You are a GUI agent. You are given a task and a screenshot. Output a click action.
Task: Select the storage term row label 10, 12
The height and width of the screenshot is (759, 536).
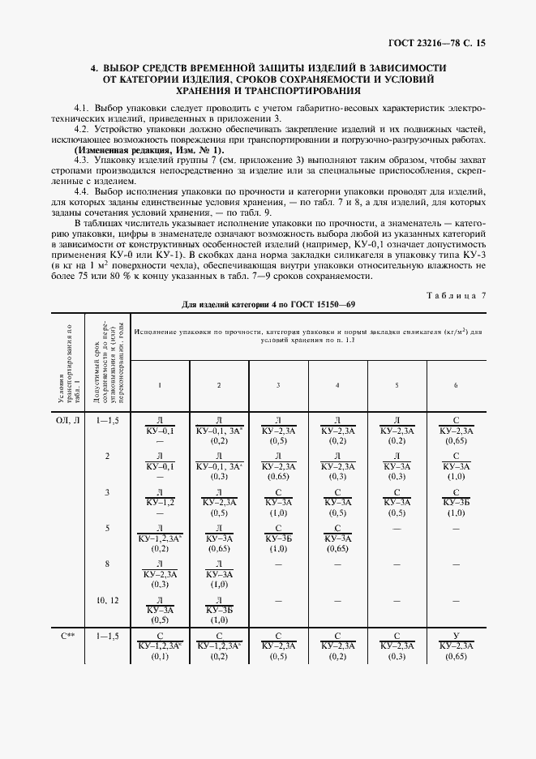click(x=107, y=600)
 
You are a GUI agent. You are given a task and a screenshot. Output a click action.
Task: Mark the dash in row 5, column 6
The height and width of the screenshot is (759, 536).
click(x=456, y=528)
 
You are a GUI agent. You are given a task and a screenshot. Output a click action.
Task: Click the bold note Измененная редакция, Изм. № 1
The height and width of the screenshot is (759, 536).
click(x=150, y=150)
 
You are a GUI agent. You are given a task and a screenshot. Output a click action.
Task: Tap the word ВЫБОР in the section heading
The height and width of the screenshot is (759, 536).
click(x=129, y=67)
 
